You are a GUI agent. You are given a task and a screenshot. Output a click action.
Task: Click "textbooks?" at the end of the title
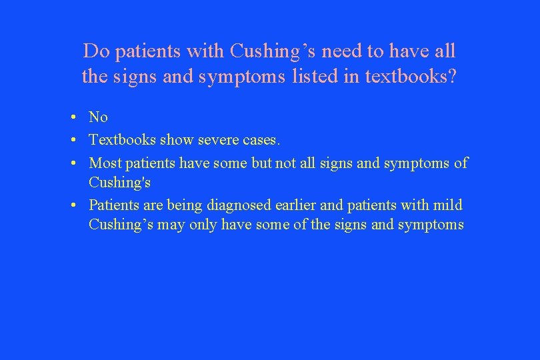point(411,77)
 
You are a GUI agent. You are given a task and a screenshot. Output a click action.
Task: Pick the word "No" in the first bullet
point(98,117)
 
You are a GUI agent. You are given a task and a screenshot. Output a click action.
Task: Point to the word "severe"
point(219,140)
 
